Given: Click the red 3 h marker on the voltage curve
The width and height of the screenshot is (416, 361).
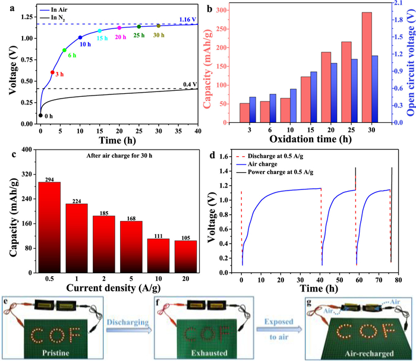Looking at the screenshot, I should coord(52,72).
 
